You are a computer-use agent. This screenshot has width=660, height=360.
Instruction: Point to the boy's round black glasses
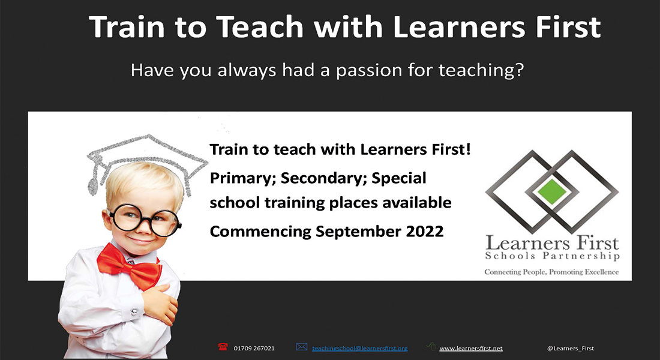coord(145,220)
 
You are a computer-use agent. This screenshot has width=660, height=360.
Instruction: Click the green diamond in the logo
coord(552,191)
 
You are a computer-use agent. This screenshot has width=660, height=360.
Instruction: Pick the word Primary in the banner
coord(242,179)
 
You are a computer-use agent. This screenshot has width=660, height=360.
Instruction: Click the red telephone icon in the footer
coord(223,347)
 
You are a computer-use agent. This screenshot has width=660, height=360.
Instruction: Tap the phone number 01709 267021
coord(254,348)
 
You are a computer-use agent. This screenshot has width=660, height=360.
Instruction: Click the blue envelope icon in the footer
coord(301,347)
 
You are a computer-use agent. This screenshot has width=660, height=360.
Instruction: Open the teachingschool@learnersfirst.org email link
coord(359,348)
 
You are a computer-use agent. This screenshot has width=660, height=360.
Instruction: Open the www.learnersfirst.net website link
coord(470,348)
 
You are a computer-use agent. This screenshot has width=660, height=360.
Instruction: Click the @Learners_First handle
coord(571,348)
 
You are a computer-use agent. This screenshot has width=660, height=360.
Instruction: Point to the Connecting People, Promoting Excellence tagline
coord(551,272)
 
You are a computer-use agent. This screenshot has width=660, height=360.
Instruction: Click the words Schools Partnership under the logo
coord(552,256)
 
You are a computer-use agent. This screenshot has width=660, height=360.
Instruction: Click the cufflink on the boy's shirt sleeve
coord(134,312)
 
